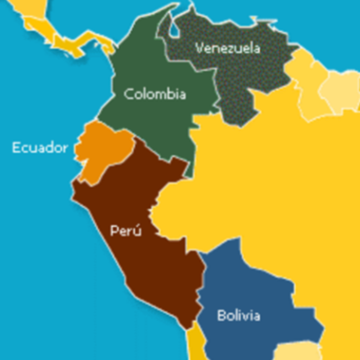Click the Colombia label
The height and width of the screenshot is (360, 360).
tap(155, 94)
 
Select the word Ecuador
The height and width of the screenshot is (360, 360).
tap(39, 147)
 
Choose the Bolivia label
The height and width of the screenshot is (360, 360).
tap(238, 316)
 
